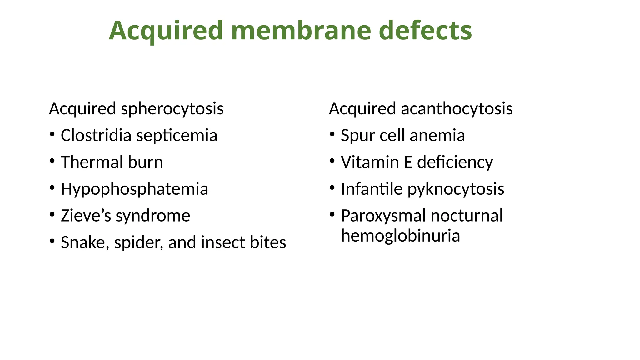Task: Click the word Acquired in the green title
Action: (x=166, y=31)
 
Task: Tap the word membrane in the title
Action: (x=301, y=31)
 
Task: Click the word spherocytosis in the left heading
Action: (x=172, y=109)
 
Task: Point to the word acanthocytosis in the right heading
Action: (x=457, y=109)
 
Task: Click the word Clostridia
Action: (x=96, y=136)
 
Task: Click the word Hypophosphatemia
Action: (x=134, y=189)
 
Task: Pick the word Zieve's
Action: (x=86, y=216)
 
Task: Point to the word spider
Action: (x=138, y=243)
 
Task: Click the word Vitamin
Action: (x=370, y=162)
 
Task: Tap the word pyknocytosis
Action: (x=456, y=189)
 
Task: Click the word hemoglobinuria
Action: (x=400, y=236)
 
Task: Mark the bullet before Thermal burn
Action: (x=52, y=161)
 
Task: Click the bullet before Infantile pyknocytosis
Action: (x=332, y=188)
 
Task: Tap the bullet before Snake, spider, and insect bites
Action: (x=52, y=241)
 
